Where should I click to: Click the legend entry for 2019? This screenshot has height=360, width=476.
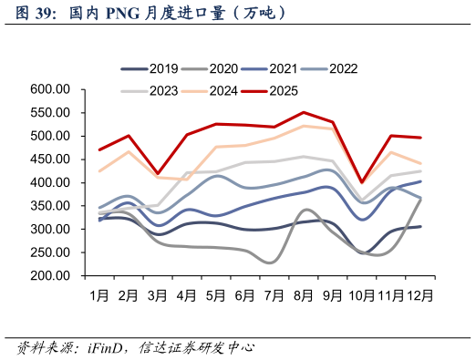click(x=150, y=68)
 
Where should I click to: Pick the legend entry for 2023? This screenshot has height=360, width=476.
click(x=150, y=90)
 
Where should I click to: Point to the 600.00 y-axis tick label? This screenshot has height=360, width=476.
click(x=50, y=89)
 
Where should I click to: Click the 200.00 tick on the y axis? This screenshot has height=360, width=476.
click(x=50, y=275)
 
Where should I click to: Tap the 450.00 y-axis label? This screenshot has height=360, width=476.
click(x=50, y=159)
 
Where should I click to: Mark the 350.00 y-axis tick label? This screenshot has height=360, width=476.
click(x=50, y=206)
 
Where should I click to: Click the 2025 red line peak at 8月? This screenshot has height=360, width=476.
click(x=304, y=113)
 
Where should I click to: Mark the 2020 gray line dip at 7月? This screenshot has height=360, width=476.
click(x=273, y=262)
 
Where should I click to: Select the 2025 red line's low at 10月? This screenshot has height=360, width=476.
click(x=362, y=182)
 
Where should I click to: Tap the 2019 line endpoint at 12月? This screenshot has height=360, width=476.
click(x=420, y=226)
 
